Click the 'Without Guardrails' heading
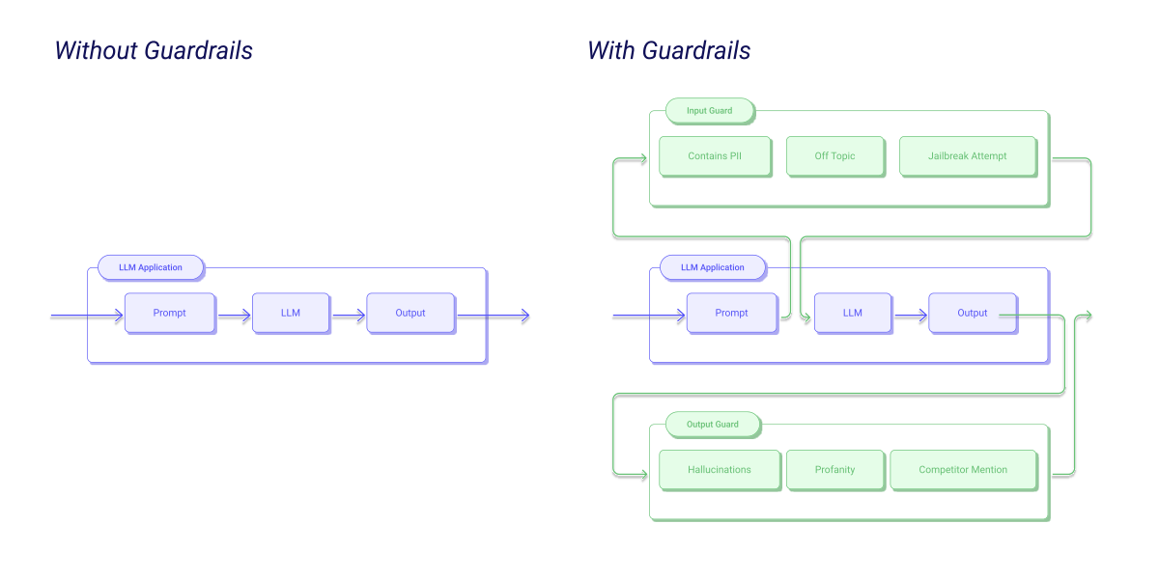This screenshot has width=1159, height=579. pyautogui.click(x=154, y=50)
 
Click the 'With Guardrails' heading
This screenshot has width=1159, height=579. pyautogui.click(x=668, y=50)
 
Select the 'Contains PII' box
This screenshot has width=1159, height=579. pyautogui.click(x=715, y=156)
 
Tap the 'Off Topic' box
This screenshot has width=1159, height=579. pyautogui.click(x=835, y=156)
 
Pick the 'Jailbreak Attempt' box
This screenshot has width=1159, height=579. pyautogui.click(x=968, y=156)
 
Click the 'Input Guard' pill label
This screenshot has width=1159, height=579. pyautogui.click(x=710, y=111)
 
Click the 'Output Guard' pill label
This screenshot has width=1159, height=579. pyautogui.click(x=713, y=425)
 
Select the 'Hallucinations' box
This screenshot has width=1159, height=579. pyautogui.click(x=720, y=470)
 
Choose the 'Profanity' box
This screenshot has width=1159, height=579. pyautogui.click(x=835, y=470)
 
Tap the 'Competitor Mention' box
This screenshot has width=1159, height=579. pyautogui.click(x=964, y=470)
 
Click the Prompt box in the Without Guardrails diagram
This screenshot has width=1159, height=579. pyautogui.click(x=170, y=314)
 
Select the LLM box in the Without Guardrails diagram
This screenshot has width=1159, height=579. pyautogui.click(x=291, y=314)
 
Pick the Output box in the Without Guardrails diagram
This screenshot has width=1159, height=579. pyautogui.click(x=410, y=314)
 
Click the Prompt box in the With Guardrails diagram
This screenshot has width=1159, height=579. pyautogui.click(x=732, y=314)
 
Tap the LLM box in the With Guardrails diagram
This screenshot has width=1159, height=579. pyautogui.click(x=853, y=314)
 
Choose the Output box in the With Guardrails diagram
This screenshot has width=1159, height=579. pyautogui.click(x=973, y=314)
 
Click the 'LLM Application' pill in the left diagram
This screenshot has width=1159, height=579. pyautogui.click(x=151, y=268)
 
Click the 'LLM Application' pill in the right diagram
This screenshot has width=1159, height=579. pyautogui.click(x=713, y=268)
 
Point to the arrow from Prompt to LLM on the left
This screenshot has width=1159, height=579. pyautogui.click(x=235, y=316)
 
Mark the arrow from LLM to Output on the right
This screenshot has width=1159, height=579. pyautogui.click(x=911, y=316)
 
